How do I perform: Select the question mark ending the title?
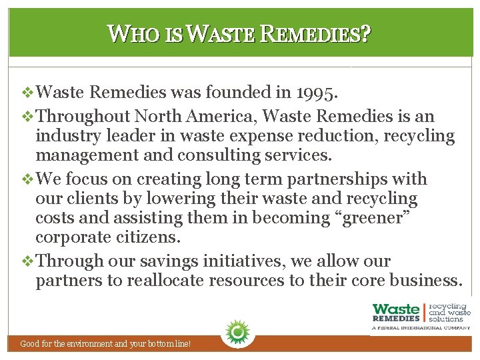tap(365, 33)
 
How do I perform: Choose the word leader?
tap(127, 137)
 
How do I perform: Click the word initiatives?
tap(215, 261)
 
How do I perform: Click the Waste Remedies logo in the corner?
tap(421, 314)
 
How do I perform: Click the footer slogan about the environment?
tap(106, 344)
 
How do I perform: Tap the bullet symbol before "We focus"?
tap(27, 179)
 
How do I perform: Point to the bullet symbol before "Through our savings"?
tap(27, 261)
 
